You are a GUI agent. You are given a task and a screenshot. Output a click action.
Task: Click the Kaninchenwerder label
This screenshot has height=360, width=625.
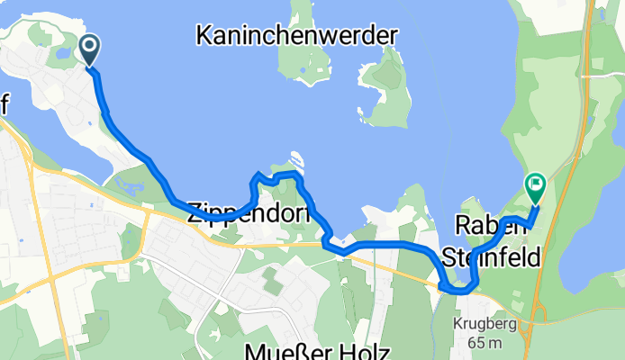tap(296, 37)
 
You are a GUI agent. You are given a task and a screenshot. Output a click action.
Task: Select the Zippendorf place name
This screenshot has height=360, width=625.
tap(249, 212)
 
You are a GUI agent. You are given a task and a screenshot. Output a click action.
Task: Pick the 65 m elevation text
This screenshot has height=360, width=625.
tap(491, 344)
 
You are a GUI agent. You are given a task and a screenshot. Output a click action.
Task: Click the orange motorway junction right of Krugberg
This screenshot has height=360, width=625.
tap(541, 310)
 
